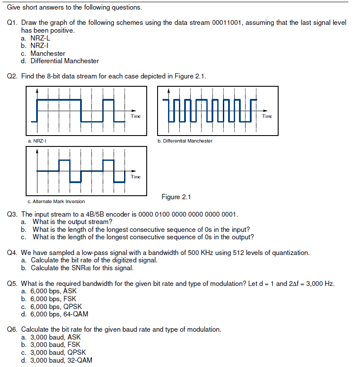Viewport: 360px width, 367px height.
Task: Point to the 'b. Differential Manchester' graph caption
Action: click(185, 141)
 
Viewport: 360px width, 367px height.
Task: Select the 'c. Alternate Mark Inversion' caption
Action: click(56, 201)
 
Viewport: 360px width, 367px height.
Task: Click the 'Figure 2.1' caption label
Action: click(176, 197)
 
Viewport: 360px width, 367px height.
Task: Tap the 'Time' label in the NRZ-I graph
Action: click(136, 116)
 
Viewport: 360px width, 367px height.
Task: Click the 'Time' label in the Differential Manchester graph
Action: click(267, 116)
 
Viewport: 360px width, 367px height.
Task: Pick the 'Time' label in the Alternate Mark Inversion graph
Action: click(136, 177)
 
